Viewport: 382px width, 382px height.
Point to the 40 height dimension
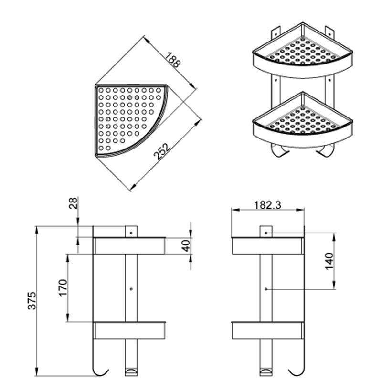pos(186,245)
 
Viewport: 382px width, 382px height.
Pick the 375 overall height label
pos(32,301)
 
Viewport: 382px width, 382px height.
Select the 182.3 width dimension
pos(267,205)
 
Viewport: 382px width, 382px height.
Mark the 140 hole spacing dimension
pos(329,261)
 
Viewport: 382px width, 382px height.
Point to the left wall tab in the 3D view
pos(275,34)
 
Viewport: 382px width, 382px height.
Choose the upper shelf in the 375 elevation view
pos(129,245)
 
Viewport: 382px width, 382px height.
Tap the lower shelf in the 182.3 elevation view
pos(267,330)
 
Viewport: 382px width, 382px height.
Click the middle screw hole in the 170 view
pos(131,288)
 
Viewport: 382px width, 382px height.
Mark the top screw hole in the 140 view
pos(266,233)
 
